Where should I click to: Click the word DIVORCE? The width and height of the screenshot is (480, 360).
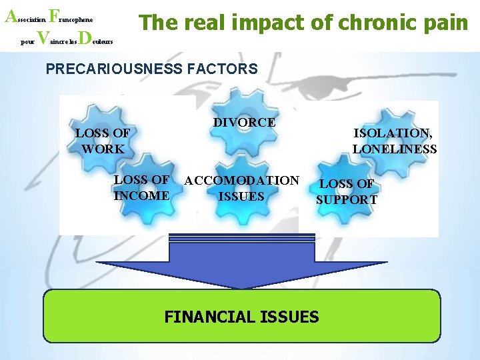pos(244,122)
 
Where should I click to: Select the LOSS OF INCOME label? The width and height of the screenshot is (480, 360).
pos(141,187)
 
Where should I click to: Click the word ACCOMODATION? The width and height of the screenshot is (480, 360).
pos(241,181)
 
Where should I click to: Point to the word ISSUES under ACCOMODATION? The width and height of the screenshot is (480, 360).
pos(241,197)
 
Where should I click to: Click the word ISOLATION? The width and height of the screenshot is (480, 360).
pos(393,133)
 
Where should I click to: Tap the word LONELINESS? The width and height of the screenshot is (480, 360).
pos(394,149)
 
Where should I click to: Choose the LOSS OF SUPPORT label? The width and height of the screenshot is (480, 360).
pos(346,191)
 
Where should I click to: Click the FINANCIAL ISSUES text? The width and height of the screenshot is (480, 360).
pos(241,317)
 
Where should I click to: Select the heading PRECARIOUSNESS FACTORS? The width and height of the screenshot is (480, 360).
pos(151,69)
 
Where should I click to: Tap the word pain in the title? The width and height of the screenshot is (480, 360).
pos(447,23)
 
